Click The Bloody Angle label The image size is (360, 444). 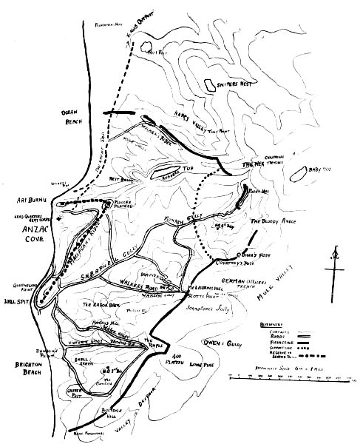tap(273, 221)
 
